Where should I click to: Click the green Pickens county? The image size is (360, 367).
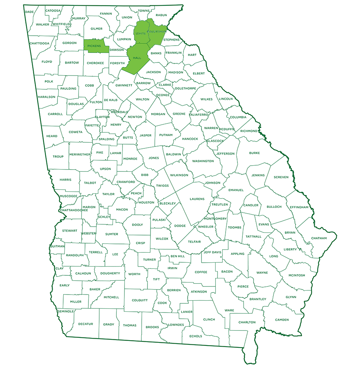point(93,46)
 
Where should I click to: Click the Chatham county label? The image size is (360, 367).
point(319,238)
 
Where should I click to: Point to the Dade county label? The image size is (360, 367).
point(29,12)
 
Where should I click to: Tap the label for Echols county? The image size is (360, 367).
point(195,336)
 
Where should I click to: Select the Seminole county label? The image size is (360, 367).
point(65,311)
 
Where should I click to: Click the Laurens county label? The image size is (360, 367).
point(197,199)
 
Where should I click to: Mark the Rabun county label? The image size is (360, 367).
point(162,15)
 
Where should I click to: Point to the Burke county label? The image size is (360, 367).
point(254,153)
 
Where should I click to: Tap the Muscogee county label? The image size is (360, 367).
point(69,196)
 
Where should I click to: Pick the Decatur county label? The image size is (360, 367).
point(85,324)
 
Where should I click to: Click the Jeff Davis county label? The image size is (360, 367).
point(213,252)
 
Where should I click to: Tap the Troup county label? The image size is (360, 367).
point(58,156)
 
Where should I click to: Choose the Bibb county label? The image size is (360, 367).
point(144,175)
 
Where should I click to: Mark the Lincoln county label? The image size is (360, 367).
point(226,99)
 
